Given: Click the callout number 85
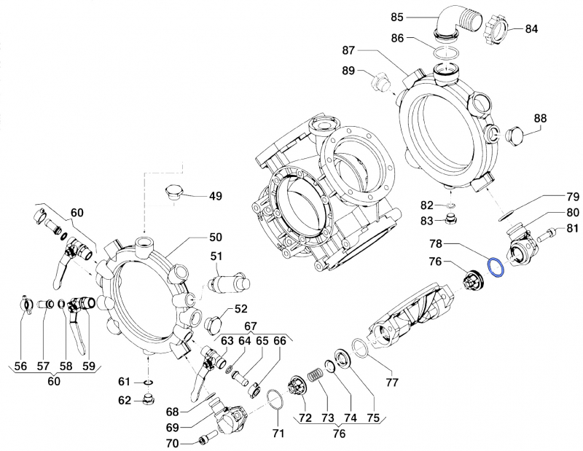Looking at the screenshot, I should click(417, 16).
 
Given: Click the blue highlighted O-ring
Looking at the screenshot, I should click(496, 267).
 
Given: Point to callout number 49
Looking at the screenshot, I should click(216, 196).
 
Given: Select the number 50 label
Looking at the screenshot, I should click(216, 238).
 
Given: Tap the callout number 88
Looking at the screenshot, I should click(540, 119).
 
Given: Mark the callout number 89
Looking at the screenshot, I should click(348, 71).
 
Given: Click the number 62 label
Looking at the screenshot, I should click(125, 399).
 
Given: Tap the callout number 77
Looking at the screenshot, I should click(392, 381).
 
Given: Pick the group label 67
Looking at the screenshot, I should click(250, 326).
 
